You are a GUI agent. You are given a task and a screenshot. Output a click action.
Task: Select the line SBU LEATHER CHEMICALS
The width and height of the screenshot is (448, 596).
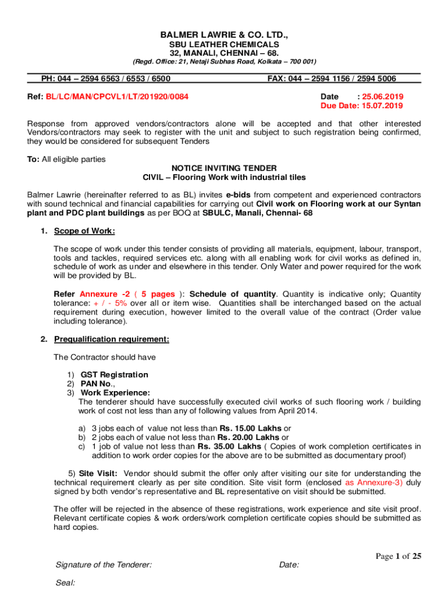pyautogui.click(x=224, y=44)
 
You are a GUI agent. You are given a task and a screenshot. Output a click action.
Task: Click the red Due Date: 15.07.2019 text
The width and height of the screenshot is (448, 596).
pyautogui.click(x=361, y=106)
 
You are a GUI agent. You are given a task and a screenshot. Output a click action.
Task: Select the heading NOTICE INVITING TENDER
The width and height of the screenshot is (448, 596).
pyautogui.click(x=224, y=168)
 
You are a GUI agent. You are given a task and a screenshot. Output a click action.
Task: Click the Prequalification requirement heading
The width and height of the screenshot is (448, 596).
pyautogui.click(x=112, y=339)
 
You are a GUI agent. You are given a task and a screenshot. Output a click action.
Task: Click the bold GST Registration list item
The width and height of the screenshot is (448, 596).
pyautogui.click(x=114, y=375)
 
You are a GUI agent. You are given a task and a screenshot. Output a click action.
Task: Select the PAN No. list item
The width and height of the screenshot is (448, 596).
pyautogui.click(x=97, y=384)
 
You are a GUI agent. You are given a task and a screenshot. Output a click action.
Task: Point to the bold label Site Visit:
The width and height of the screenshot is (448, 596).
pyautogui.click(x=98, y=474)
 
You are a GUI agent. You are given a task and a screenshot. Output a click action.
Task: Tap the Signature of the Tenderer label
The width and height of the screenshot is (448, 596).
pyautogui.click(x=104, y=565)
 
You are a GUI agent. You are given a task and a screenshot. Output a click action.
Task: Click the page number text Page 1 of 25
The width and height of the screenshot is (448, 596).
pyautogui.click(x=398, y=556)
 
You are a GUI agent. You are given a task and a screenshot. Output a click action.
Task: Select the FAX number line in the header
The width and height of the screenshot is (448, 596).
pyautogui.click(x=332, y=79)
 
